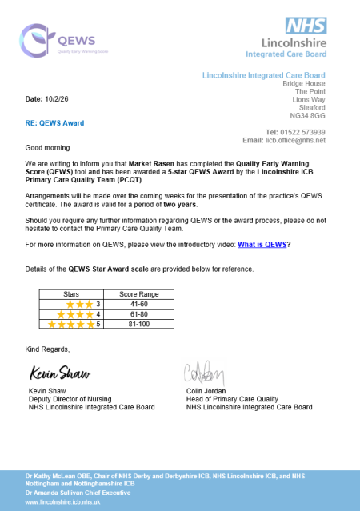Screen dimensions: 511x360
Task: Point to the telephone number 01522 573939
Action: click(306, 132)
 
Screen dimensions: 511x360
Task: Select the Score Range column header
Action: click(138, 294)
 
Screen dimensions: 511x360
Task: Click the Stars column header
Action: click(71, 294)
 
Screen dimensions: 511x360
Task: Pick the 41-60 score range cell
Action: click(138, 304)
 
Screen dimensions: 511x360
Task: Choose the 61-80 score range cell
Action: click(138, 314)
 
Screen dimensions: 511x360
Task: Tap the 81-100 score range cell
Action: click(138, 325)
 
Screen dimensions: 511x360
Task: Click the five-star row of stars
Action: click(70, 325)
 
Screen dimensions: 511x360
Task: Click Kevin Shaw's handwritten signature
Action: click(59, 374)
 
